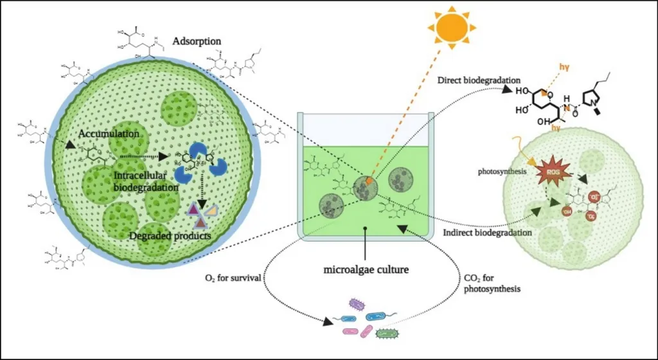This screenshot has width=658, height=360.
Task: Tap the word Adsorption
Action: [x=197, y=42]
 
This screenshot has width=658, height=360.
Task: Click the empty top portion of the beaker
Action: [x=364, y=129]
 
